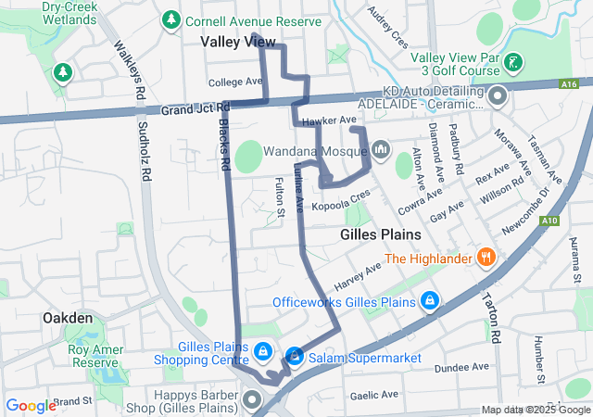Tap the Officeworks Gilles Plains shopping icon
pyautogui.click(x=429, y=302)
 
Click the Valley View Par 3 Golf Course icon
pyautogui.click(x=515, y=64)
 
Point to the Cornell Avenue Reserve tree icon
pyautogui.click(x=170, y=19)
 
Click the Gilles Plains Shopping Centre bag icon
pyautogui.click(x=263, y=351)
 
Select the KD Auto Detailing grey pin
pyautogui.click(x=498, y=95)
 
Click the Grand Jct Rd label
pyautogui.click(x=195, y=109)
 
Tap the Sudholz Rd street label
pyautogui.click(x=143, y=149)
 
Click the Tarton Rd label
pyautogui.click(x=490, y=316)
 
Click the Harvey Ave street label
pyautogui.click(x=359, y=272)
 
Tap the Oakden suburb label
pyautogui.click(x=68, y=318)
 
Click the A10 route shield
pyautogui.click(x=550, y=221)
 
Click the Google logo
pyautogui.click(x=31, y=405)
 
